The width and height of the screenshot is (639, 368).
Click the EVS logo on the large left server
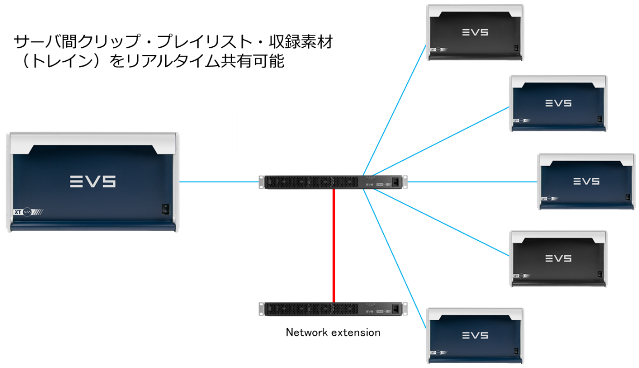point(92,182)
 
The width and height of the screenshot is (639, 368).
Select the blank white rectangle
point(224,131)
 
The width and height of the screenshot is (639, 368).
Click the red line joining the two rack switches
point(334,244)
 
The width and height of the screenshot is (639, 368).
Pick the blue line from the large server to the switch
point(219,182)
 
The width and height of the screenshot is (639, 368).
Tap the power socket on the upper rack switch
point(396,182)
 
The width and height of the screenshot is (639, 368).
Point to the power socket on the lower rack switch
point(396,309)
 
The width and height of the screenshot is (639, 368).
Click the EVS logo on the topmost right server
point(475,32)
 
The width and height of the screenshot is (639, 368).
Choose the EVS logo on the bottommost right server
point(475,335)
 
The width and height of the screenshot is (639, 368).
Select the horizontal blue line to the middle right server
point(473,182)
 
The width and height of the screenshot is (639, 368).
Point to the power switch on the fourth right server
point(600,275)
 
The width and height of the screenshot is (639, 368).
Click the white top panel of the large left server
point(92,141)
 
